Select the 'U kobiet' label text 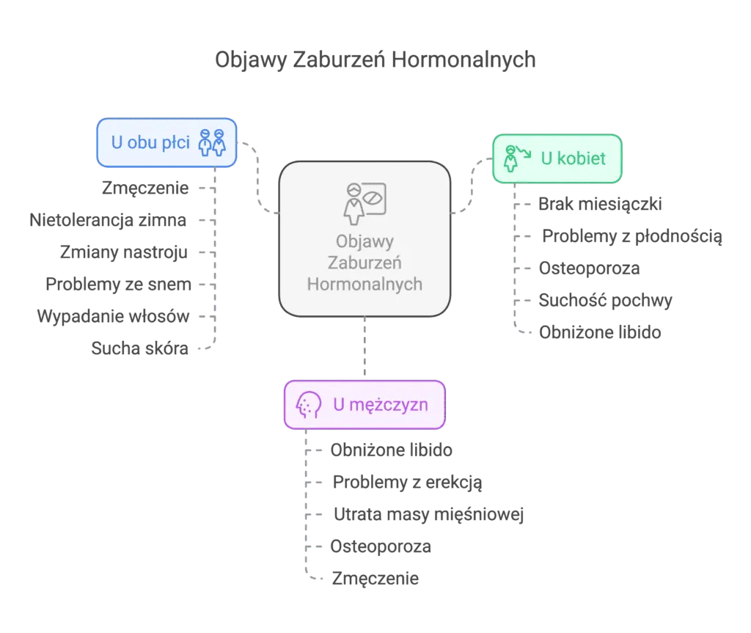(x=574, y=158)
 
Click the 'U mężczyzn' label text (x=380, y=404)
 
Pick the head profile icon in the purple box (x=309, y=404)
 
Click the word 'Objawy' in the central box (x=364, y=241)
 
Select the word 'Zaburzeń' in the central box (x=364, y=263)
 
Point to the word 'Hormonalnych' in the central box (x=364, y=284)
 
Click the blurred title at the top (x=375, y=61)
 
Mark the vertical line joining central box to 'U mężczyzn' (x=364, y=348)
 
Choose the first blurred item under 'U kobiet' (x=598, y=202)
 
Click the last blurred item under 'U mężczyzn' (x=375, y=578)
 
